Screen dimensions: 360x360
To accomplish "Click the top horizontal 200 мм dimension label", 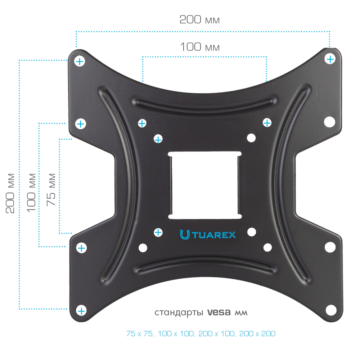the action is click(199, 20).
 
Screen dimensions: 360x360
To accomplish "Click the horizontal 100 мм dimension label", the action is click(200, 47).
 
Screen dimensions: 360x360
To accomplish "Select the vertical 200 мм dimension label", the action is click(10, 193).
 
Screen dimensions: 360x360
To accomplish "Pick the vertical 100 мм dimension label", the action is click(31, 193).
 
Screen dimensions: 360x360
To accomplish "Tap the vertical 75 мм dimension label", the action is click(51, 190).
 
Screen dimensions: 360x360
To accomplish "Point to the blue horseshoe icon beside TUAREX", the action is click(185, 235).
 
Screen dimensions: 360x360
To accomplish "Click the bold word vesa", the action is click(219, 312).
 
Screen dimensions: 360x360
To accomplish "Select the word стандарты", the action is click(179, 313).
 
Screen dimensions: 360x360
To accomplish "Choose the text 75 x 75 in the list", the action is click(140, 334).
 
